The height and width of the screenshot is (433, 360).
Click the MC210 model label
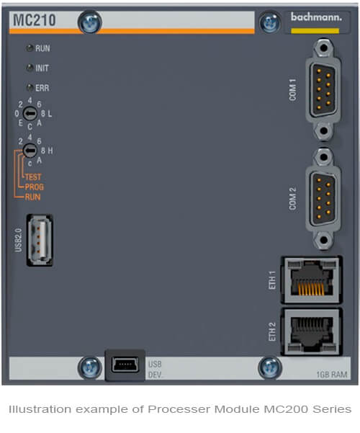(x=35, y=20)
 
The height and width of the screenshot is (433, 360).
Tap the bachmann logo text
(x=316, y=17)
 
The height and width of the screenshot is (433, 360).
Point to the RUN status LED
(x=30, y=48)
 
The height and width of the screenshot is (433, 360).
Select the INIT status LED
(x=30, y=68)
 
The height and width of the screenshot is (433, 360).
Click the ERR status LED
(x=30, y=88)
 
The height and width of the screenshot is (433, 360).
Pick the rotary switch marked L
(x=30, y=113)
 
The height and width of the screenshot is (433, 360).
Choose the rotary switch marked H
(x=30, y=151)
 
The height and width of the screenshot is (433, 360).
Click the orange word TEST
(x=33, y=177)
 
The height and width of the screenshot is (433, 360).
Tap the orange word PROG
(x=35, y=187)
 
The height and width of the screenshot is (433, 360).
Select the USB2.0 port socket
(x=40, y=240)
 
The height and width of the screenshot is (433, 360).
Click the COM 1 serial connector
(x=323, y=89)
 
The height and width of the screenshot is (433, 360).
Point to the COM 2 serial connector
(x=323, y=199)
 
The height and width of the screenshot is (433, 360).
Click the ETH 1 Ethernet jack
(x=312, y=280)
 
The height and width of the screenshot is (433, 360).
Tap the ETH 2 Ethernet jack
(x=312, y=331)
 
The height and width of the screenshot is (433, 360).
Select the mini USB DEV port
(x=125, y=365)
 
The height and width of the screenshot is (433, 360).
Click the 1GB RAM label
(x=332, y=375)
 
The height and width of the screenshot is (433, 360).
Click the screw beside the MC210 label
(x=90, y=22)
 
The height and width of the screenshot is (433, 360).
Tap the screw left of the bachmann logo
(x=270, y=22)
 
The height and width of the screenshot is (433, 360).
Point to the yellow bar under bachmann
(x=315, y=31)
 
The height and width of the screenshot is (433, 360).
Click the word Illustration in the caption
(x=40, y=409)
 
